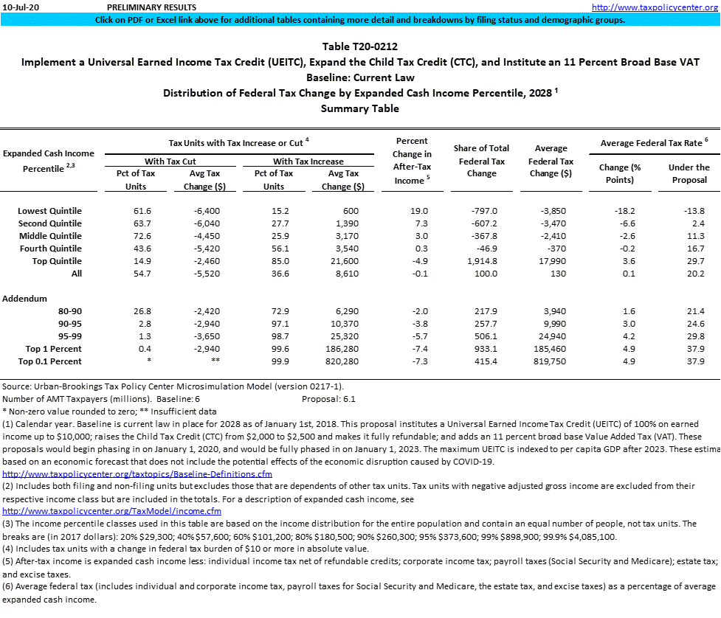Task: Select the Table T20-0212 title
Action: [359, 46]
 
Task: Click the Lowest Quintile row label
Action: [49, 211]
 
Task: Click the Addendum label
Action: [25, 299]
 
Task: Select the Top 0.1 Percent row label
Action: [53, 361]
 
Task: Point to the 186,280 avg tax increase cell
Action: [340, 349]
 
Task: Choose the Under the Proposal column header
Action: [689, 173]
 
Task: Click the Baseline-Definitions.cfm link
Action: [137, 473]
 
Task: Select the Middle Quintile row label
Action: [50, 236]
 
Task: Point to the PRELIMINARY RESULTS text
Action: [153, 7]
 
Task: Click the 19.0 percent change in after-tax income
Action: [418, 211]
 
